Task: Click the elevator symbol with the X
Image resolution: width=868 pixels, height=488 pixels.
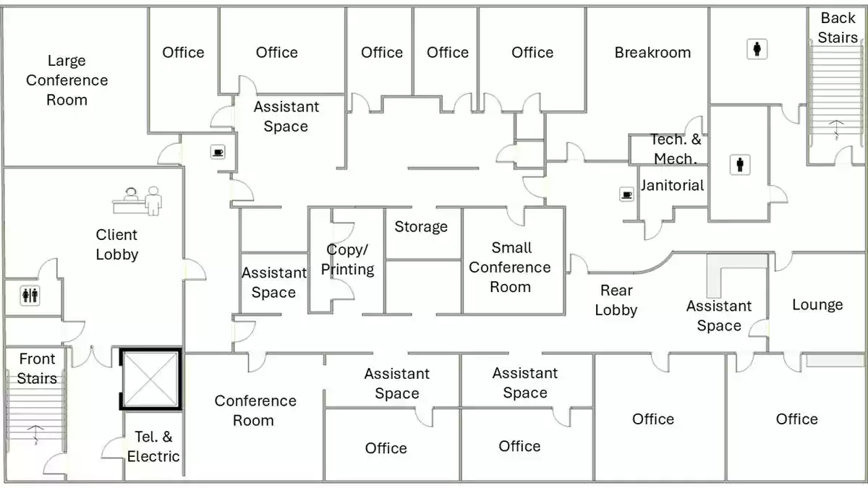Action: click(150, 380)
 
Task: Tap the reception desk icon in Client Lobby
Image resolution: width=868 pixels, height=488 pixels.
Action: click(137, 200)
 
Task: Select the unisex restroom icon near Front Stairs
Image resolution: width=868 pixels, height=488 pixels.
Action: click(30, 295)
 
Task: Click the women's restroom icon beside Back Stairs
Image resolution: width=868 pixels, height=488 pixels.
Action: click(757, 49)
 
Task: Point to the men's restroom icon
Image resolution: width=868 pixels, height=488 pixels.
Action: click(739, 164)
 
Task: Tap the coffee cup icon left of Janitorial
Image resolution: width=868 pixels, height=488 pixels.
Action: click(626, 194)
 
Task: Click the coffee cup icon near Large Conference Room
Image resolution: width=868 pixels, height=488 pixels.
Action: click(218, 152)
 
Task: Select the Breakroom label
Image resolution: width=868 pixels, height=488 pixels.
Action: click(652, 52)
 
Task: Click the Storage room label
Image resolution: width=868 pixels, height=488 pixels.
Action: click(421, 226)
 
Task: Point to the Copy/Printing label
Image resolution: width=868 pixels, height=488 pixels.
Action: click(347, 260)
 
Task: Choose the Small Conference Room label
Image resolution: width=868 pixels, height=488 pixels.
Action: click(510, 267)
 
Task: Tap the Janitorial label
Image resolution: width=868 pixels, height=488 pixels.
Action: click(672, 185)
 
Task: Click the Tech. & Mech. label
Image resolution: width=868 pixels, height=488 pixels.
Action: click(675, 149)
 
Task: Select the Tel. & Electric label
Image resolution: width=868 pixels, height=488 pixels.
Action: click(153, 446)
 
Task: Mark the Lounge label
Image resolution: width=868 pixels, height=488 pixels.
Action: click(817, 304)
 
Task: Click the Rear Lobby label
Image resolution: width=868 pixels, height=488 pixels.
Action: click(616, 300)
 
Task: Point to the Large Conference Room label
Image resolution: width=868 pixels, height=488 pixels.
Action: click(67, 80)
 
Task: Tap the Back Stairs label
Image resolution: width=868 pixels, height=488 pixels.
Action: click(838, 27)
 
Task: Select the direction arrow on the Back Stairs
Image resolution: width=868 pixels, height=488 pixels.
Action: click(836, 128)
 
